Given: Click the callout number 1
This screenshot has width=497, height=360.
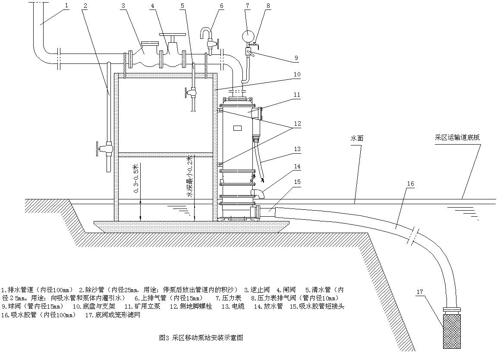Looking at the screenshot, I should point(66,6).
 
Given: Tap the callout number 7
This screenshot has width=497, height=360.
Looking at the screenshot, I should point(247,6).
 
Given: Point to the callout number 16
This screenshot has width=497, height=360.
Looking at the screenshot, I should point(410,183).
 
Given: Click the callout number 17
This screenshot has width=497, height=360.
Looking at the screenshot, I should point(419,292).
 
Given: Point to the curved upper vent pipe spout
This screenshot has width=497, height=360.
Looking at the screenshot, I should point(206,32).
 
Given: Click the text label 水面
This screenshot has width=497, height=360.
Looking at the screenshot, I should point(357,139).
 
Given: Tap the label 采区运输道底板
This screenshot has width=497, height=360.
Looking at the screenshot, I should point(457,138).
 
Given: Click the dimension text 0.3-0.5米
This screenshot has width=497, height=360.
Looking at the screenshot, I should point(136,178).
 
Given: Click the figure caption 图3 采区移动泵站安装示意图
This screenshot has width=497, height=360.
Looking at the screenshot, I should point(201,338).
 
